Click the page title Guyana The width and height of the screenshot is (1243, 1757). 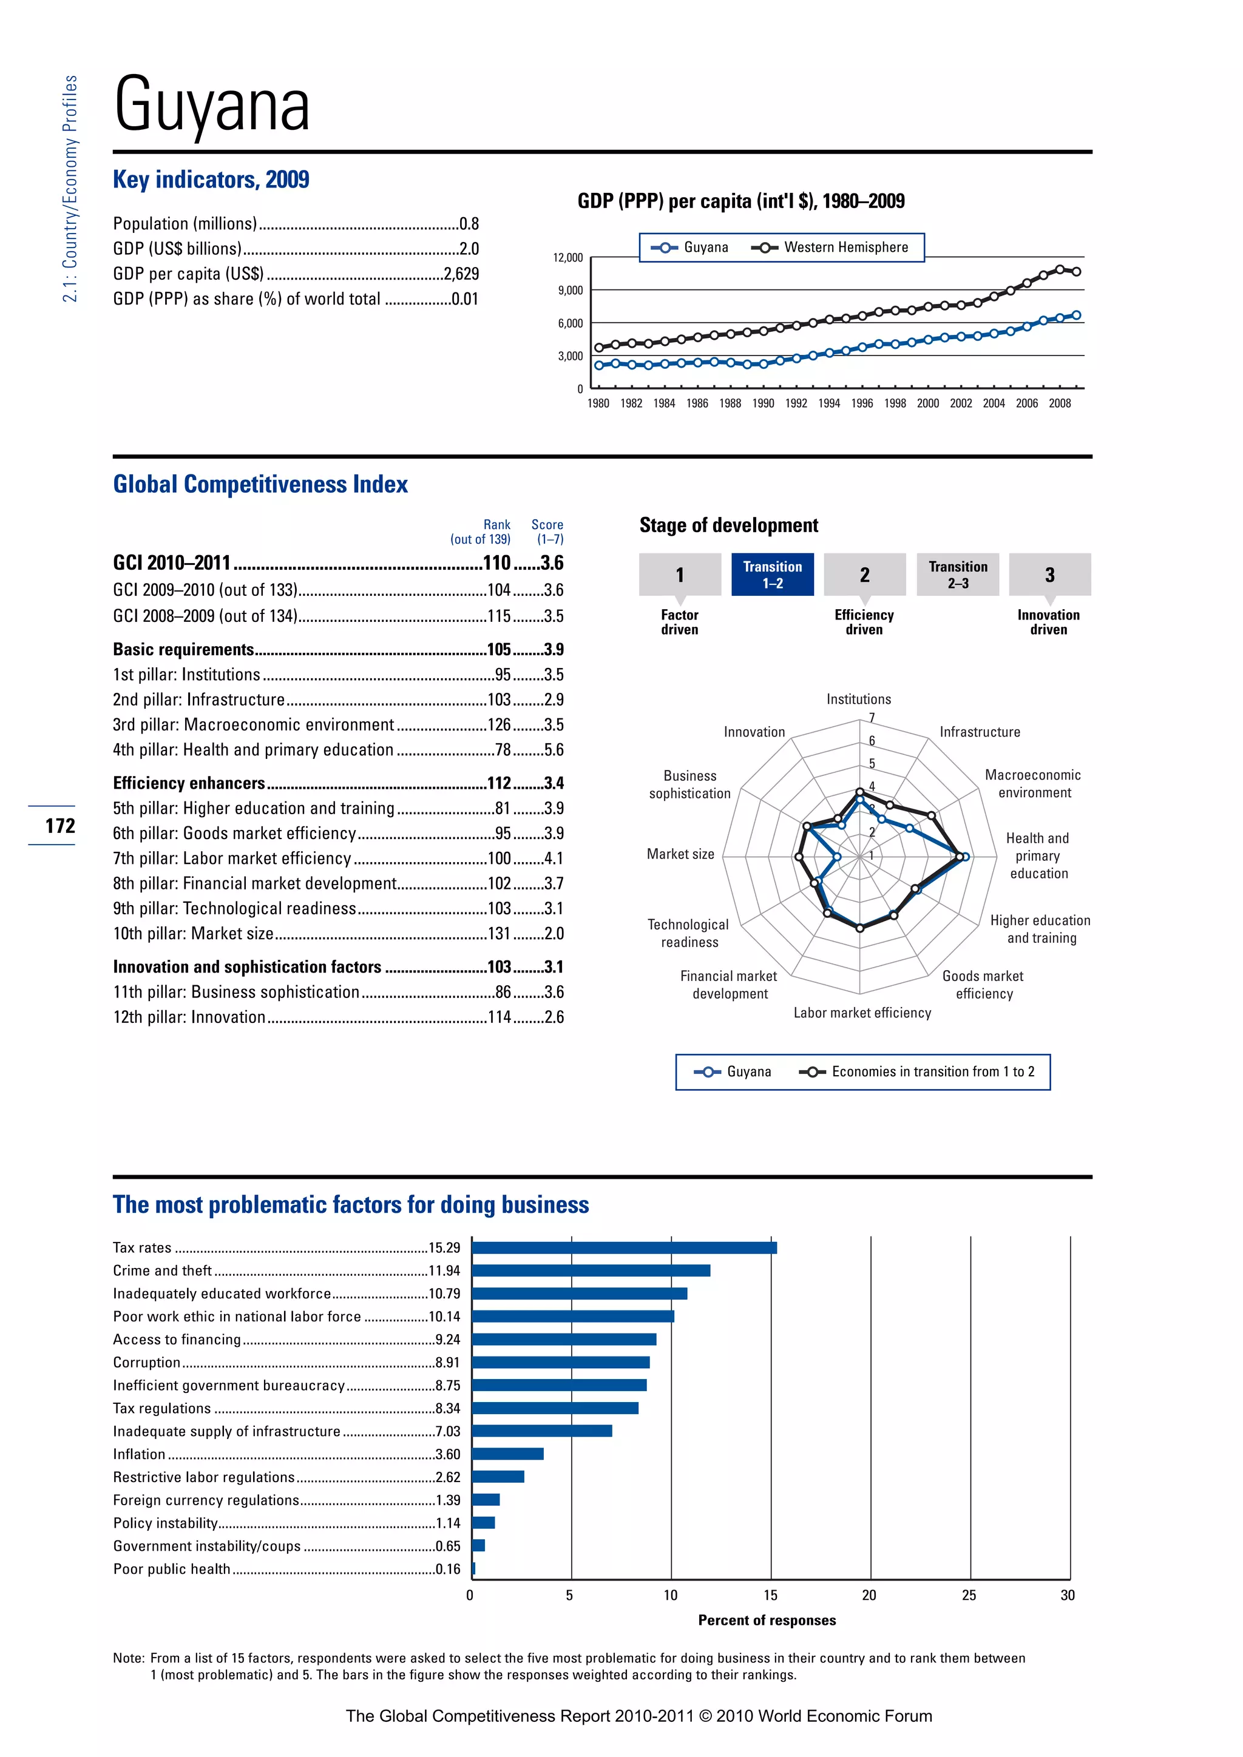point(212,105)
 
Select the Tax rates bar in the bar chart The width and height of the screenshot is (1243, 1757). point(624,1247)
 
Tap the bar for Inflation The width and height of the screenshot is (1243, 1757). point(507,1454)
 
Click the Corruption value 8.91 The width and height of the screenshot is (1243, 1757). point(448,1362)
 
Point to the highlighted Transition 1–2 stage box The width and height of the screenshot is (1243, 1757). point(772,574)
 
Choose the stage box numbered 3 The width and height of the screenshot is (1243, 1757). point(1049,574)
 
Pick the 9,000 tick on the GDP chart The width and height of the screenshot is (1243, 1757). point(571,290)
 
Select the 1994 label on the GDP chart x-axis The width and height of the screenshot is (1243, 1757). point(829,403)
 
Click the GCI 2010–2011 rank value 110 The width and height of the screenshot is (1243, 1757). point(496,563)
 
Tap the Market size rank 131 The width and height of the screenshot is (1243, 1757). point(499,934)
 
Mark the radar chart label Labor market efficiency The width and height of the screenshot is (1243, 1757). point(862,1013)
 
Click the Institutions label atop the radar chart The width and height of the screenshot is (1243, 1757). point(858,699)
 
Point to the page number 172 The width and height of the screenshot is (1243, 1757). point(59,826)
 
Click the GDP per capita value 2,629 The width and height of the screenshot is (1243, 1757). point(461,274)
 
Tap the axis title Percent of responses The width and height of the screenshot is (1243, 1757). point(767,1620)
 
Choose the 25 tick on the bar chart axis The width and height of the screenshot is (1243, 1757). point(969,1596)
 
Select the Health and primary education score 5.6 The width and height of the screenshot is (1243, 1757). point(554,750)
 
